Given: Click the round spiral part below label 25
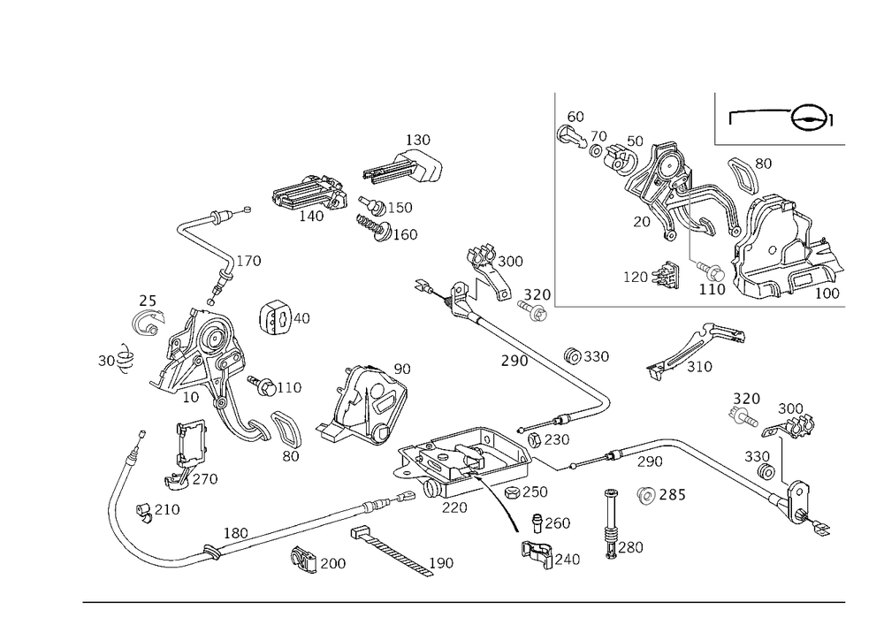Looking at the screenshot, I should click(147, 324).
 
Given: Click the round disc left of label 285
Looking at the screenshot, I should click(647, 496).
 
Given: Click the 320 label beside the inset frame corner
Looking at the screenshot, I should click(536, 294).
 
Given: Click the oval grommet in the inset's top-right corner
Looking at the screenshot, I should click(812, 118).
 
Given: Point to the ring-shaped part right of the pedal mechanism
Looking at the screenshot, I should click(277, 317).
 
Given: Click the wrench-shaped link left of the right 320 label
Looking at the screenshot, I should click(694, 354).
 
